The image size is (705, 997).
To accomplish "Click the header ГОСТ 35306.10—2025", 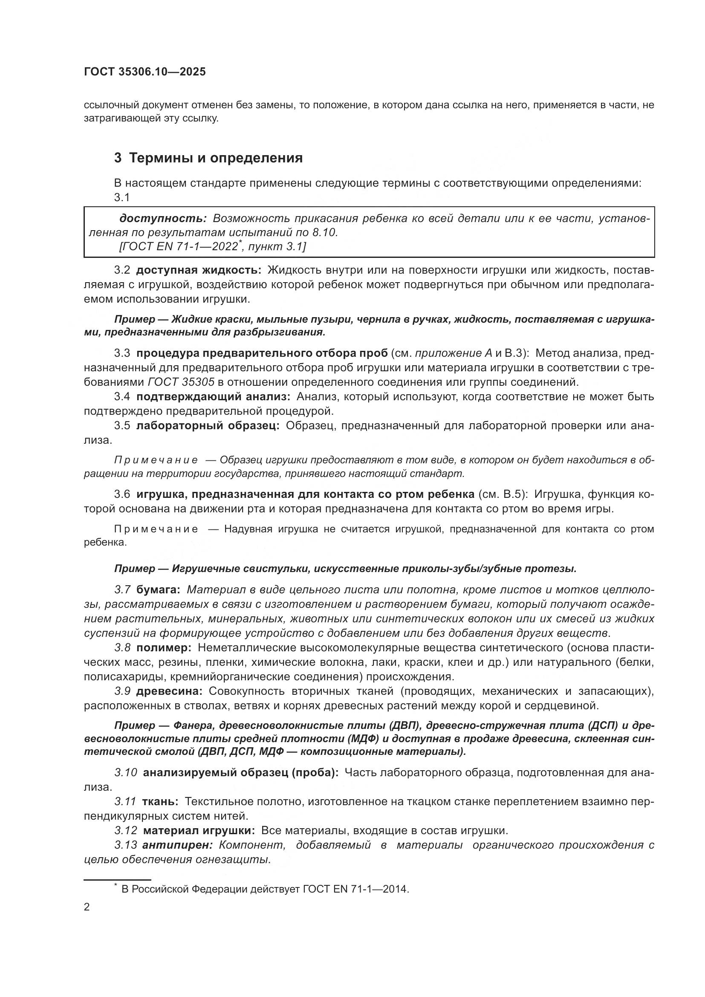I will [x=144, y=72].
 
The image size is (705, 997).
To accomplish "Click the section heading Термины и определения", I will [x=216, y=158].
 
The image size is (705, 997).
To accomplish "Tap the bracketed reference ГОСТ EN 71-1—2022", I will [x=179, y=247].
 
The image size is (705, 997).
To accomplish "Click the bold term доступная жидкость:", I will [x=198, y=271].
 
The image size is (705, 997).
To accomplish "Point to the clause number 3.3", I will [x=122, y=353].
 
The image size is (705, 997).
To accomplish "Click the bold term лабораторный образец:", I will [x=208, y=425].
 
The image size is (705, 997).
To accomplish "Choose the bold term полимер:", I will [x=164, y=648].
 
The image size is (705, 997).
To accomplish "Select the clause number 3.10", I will [x=126, y=772].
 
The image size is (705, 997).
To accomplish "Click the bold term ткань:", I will [x=160, y=801].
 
